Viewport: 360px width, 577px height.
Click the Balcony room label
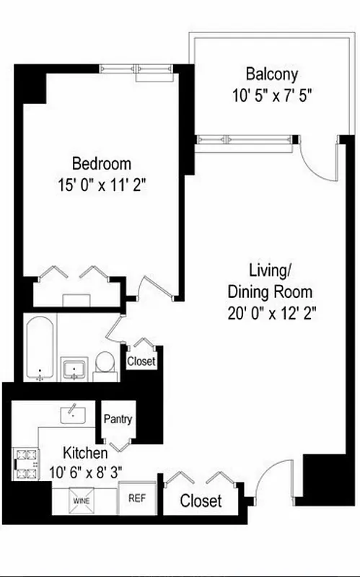[271, 74]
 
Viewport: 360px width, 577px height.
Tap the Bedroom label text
[101, 163]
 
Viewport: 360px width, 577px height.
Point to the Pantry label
[117, 419]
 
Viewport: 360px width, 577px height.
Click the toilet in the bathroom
[105, 364]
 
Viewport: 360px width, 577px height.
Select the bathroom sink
[74, 369]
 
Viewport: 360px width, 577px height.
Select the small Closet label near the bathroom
[141, 361]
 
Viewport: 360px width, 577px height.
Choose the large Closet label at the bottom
[201, 501]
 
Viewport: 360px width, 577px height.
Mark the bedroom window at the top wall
[136, 69]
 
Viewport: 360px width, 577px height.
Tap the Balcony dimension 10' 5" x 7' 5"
[271, 94]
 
